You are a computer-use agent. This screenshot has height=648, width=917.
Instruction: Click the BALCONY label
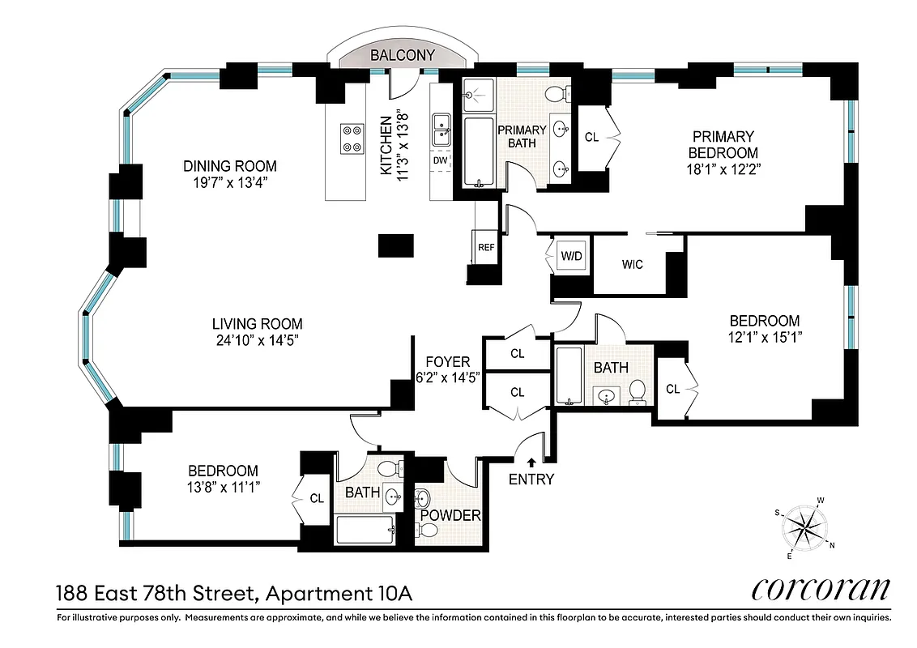point(403,55)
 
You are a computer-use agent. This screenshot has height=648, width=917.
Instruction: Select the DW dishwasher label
point(441,160)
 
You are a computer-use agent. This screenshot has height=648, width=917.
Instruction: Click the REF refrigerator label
point(485,247)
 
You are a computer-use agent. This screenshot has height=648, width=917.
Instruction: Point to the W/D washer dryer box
point(572,256)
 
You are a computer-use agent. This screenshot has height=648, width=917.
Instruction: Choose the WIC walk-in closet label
point(632,264)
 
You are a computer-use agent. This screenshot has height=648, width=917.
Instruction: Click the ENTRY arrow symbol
point(531,462)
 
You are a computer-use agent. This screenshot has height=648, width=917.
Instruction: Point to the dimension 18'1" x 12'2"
point(723,168)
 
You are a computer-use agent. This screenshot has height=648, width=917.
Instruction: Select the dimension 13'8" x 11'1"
point(223,487)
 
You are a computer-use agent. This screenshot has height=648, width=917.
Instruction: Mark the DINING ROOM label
point(229,166)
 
